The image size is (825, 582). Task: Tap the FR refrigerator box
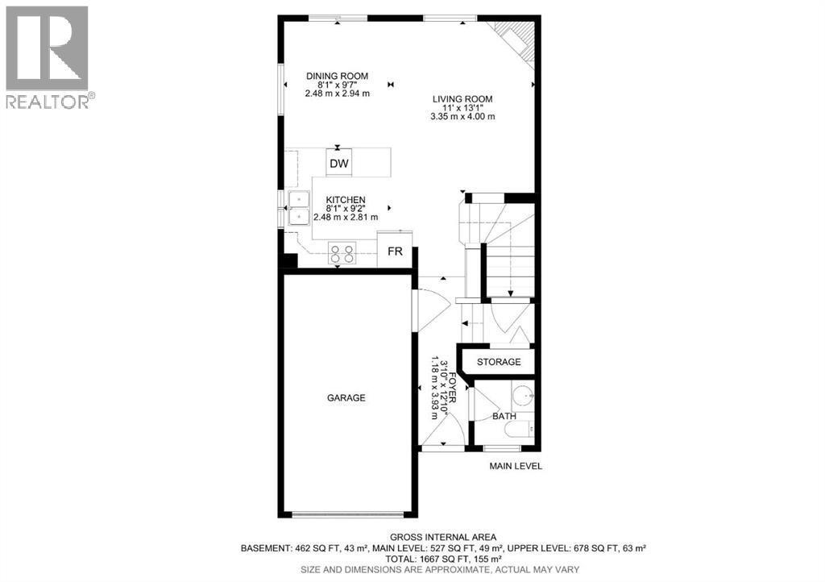tap(395, 252)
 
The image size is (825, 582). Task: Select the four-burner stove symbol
tap(342, 255)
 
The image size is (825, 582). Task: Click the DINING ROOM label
tap(337, 77)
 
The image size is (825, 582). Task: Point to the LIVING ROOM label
tap(462, 99)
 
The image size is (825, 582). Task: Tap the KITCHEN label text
tap(346, 200)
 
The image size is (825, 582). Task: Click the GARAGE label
tap(346, 397)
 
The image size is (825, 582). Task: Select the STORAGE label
tap(499, 362)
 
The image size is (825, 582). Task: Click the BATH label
tap(504, 416)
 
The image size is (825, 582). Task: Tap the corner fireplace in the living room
tap(516, 39)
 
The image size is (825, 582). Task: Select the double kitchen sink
tap(299, 207)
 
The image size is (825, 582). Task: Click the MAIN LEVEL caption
tap(516, 466)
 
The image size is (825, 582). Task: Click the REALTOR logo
tap(48, 56)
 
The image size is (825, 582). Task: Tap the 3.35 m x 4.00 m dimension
tap(462, 116)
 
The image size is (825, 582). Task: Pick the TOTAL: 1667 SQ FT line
tap(444, 558)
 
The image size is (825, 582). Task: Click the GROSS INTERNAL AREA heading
tap(443, 537)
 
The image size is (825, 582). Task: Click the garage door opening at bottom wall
tap(346, 514)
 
